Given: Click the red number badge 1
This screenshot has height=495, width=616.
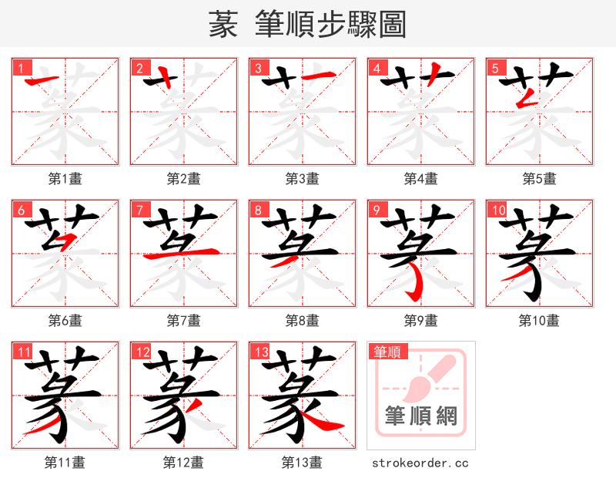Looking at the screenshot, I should point(21,68).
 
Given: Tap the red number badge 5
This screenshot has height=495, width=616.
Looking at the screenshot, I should point(495,68).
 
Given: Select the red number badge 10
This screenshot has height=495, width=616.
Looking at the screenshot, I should point(498,210).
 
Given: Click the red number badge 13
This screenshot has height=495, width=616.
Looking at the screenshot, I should point(261,352).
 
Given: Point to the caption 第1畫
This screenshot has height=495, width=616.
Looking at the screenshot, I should point(65,179).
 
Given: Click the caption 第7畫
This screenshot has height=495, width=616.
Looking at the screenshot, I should point(184,321).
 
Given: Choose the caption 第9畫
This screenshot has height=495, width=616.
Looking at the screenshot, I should point(421,321).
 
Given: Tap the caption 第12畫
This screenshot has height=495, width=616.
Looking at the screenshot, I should point(184,463).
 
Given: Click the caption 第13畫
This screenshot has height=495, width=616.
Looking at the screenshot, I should point(303,463).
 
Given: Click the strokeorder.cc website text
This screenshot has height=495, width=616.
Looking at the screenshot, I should point(420,463).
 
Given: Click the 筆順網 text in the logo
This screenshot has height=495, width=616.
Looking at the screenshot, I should point(421,417).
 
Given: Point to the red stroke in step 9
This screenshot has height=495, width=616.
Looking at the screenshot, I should point(418,285).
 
